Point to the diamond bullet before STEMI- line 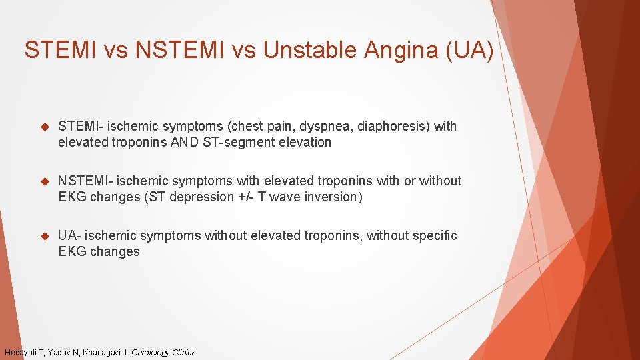point(45,126)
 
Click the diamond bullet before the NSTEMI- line point(45,181)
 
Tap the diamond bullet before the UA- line point(45,235)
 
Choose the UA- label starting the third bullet point(69,235)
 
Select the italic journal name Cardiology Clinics point(164,352)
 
